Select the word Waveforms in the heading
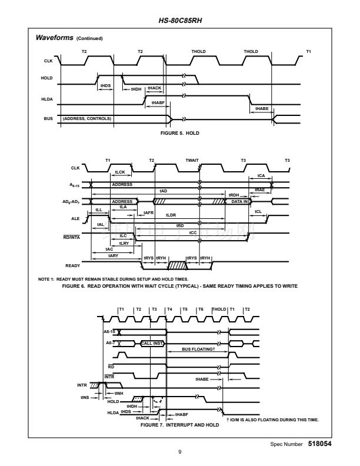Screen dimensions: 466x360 (54, 38)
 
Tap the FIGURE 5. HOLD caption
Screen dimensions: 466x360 (180, 134)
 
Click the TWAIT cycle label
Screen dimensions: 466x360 (192, 161)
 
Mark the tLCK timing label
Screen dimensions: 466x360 (120, 172)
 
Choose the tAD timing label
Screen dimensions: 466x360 (164, 191)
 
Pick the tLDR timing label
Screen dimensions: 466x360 (170, 214)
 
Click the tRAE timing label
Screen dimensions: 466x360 (259, 190)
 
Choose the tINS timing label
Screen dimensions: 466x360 (83, 396)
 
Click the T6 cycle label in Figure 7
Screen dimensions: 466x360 (201, 309)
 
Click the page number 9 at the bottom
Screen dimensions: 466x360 (180, 452)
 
